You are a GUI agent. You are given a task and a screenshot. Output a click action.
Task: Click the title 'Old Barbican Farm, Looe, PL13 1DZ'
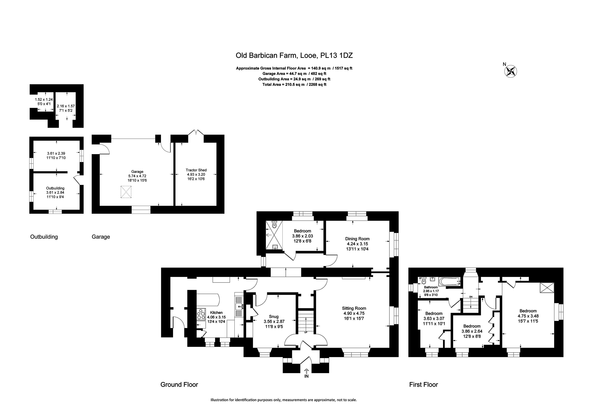(294, 55)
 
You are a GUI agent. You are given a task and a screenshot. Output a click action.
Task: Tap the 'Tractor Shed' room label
(196, 170)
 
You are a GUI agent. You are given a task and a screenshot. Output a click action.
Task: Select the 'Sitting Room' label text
(354, 308)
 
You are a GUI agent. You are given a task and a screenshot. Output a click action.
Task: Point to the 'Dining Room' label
(357, 239)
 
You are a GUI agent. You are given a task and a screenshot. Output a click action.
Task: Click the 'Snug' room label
(274, 317)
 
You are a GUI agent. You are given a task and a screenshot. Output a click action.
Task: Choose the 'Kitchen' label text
(216, 313)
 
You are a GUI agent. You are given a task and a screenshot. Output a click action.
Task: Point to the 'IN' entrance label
(306, 376)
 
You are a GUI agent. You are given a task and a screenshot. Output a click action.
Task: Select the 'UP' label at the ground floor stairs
(306, 332)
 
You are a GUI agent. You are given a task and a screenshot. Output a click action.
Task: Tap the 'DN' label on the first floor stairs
(471, 297)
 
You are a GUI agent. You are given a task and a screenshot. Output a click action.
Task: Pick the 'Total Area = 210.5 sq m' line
(294, 85)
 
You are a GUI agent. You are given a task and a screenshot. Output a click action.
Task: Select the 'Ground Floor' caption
(179, 392)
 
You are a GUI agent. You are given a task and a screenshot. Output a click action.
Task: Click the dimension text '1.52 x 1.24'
(44, 99)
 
